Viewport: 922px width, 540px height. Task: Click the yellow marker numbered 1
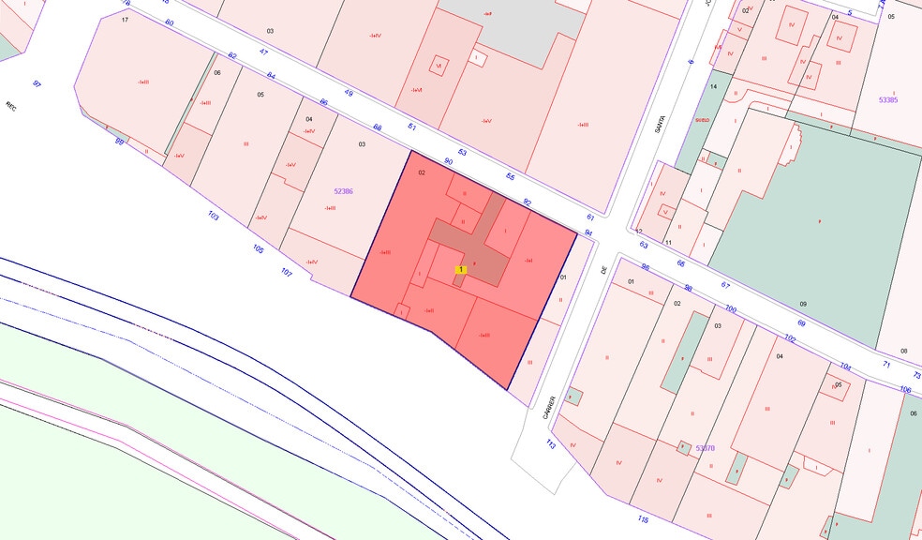click(x=461, y=270)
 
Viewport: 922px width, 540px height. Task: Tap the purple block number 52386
click(x=343, y=190)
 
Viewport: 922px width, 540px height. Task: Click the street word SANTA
click(x=660, y=123)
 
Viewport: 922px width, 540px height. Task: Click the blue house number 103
click(x=213, y=217)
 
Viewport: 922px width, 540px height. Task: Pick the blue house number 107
click(x=287, y=273)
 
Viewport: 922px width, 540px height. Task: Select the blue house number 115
click(x=642, y=519)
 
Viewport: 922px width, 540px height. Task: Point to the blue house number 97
click(x=37, y=84)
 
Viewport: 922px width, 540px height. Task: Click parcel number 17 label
click(x=125, y=19)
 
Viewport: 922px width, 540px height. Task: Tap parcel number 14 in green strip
click(x=713, y=86)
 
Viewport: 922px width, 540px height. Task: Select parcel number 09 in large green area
click(x=802, y=304)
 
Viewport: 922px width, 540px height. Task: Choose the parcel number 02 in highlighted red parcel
click(x=422, y=172)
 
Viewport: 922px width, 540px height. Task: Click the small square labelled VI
click(x=438, y=66)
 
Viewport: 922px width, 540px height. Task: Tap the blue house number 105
click(x=258, y=249)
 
